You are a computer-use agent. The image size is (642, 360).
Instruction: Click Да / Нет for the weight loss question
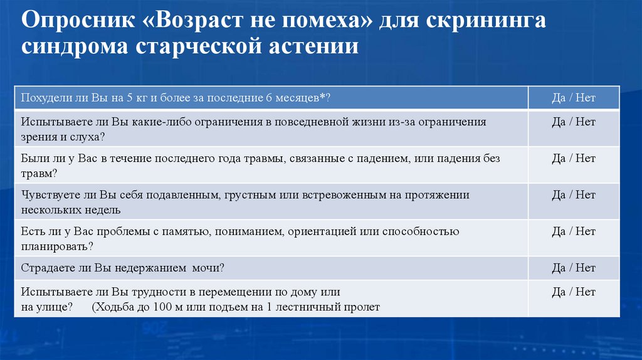tap(573, 98)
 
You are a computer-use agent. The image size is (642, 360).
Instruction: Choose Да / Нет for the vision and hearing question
tap(573, 122)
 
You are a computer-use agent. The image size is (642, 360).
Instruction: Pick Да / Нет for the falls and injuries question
tap(573, 159)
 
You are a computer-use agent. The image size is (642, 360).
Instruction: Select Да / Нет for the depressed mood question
tap(573, 195)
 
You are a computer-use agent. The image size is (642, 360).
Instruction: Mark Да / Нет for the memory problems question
tap(573, 231)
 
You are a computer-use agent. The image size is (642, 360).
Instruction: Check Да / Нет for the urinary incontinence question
tap(573, 268)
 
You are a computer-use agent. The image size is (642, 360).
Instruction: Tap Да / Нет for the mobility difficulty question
tap(573, 292)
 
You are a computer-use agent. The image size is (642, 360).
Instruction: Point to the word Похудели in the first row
tap(45, 98)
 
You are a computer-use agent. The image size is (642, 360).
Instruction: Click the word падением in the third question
tap(377, 159)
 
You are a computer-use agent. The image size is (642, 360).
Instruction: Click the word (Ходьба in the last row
tap(112, 307)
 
